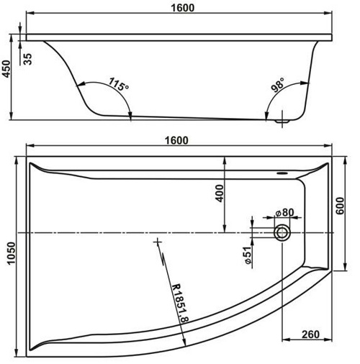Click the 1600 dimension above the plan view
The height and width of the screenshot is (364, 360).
pos(176,140)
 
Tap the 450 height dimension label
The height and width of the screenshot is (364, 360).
pos(6,69)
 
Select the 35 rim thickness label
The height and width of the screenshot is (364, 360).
pos(27,59)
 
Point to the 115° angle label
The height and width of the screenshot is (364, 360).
pos(119,84)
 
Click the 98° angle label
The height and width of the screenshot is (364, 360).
pos(278,85)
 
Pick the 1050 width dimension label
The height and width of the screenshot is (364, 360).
pos(11,253)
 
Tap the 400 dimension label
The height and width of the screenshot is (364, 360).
pos(220,194)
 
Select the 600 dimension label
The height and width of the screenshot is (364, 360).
pos(340,206)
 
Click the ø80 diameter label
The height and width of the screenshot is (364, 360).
pos(284,212)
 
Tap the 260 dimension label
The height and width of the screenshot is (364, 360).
pos(310,335)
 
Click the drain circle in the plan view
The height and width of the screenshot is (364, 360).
pos(282,233)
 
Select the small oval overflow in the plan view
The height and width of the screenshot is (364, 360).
pos(282,173)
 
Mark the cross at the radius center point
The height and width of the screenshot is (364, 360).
pos(158,242)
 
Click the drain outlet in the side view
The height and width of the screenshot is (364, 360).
pos(282,121)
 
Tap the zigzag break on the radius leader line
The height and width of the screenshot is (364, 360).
pos(163,258)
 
